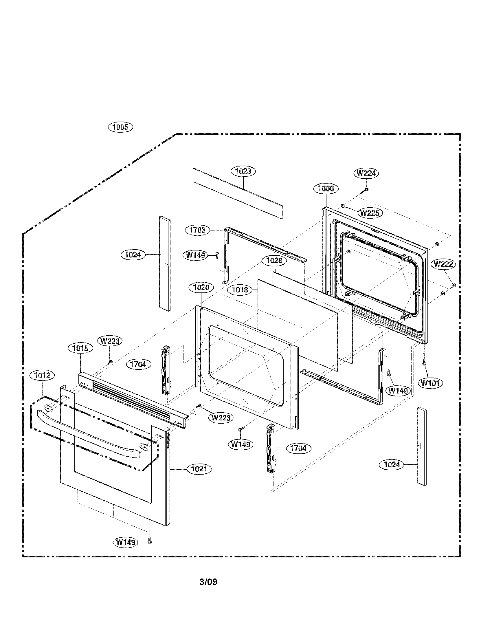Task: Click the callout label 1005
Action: [x=120, y=127]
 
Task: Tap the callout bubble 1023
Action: [x=243, y=171]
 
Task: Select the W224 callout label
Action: [x=366, y=173]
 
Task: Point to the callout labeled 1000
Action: [x=326, y=188]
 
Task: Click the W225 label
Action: [x=370, y=213]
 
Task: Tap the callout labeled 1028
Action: [x=274, y=261]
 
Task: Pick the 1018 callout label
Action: [x=240, y=290]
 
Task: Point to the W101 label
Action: [x=430, y=383]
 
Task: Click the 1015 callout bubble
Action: [x=80, y=348]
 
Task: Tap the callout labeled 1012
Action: [x=42, y=375]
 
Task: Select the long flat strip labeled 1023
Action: [x=238, y=193]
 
